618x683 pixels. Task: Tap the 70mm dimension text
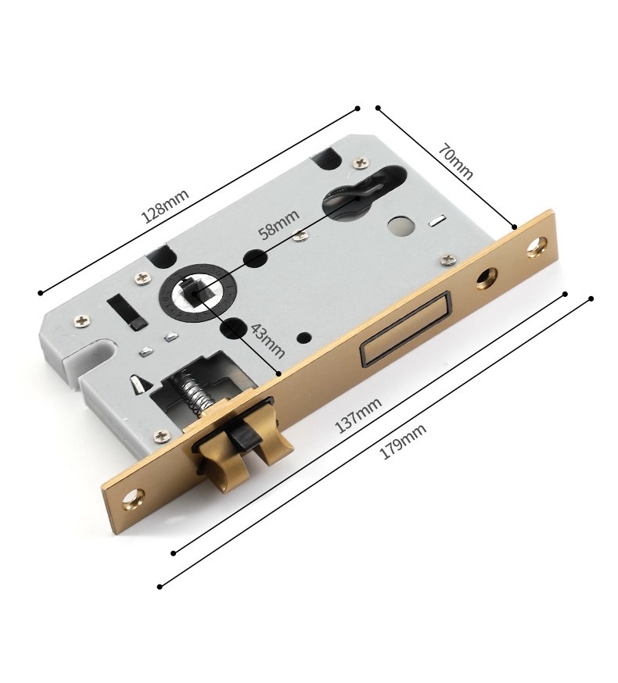click(455, 161)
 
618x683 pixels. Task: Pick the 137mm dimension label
click(358, 413)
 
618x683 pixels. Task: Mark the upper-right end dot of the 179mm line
click(590, 299)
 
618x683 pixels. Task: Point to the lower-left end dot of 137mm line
click(174, 552)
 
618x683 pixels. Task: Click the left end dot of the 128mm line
click(40, 293)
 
